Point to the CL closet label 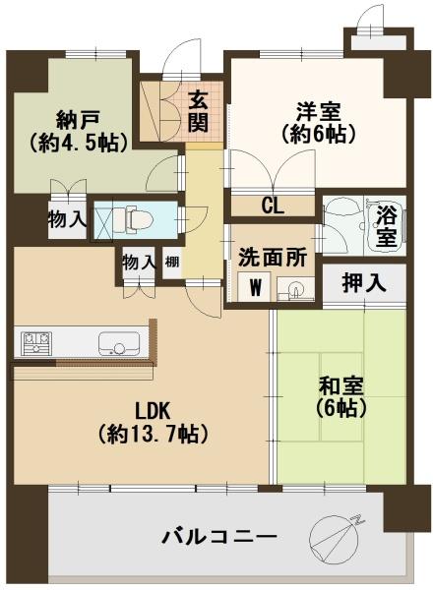273,206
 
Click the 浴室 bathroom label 386,225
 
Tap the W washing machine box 256,288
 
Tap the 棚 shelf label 172,262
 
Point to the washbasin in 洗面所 292,289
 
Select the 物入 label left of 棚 139,262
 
